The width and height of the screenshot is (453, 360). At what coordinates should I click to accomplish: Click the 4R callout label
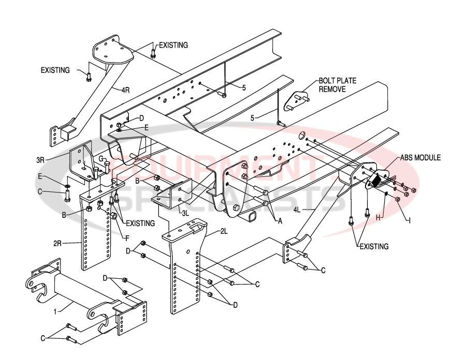click(125, 90)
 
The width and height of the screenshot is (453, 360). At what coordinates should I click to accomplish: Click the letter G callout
click(102, 159)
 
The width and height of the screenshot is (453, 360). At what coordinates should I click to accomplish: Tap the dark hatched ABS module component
click(377, 179)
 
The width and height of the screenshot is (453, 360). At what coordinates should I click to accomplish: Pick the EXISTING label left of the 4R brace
click(55, 70)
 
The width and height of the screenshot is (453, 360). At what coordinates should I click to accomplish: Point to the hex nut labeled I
click(398, 200)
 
